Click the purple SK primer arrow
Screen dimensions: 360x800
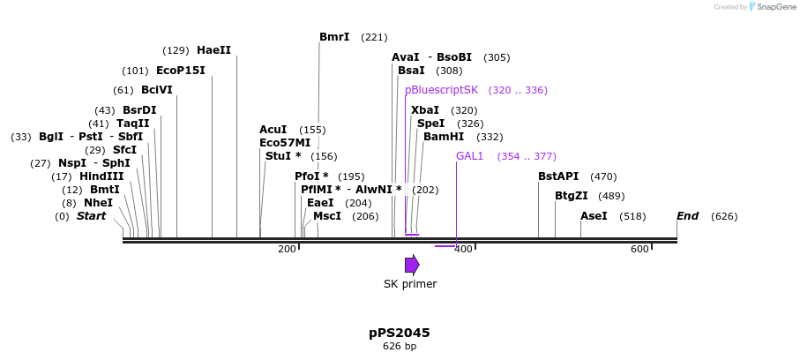pyautogui.click(x=412, y=265)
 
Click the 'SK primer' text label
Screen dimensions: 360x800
pyautogui.click(x=410, y=284)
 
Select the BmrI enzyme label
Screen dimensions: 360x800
pyautogui.click(x=334, y=37)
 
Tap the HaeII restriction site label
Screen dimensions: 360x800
pyautogui.click(x=213, y=50)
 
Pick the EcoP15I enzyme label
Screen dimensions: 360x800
pyautogui.click(x=180, y=71)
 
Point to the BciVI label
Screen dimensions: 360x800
pyautogui.click(x=156, y=90)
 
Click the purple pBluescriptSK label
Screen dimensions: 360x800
pyautogui.click(x=441, y=90)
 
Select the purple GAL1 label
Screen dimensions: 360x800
pyautogui.click(x=469, y=156)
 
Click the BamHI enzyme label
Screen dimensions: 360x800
pyautogui.click(x=443, y=137)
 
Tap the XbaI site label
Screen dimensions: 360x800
pyautogui.click(x=424, y=110)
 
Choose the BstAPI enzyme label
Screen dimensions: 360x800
pyautogui.click(x=558, y=176)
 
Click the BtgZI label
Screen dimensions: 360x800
pyautogui.click(x=572, y=196)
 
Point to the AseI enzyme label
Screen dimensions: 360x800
pyautogui.click(x=594, y=216)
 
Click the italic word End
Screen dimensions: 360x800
pyautogui.click(x=688, y=216)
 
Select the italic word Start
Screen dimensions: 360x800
pyautogui.click(x=91, y=216)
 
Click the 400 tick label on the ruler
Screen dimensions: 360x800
pyautogui.click(x=462, y=250)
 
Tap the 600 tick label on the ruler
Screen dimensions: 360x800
pyautogui.click(x=639, y=250)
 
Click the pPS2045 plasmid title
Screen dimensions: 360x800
pyautogui.click(x=400, y=333)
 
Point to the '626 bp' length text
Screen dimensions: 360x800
pyautogui.click(x=400, y=347)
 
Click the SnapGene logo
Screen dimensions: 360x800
pyautogui.click(x=759, y=7)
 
